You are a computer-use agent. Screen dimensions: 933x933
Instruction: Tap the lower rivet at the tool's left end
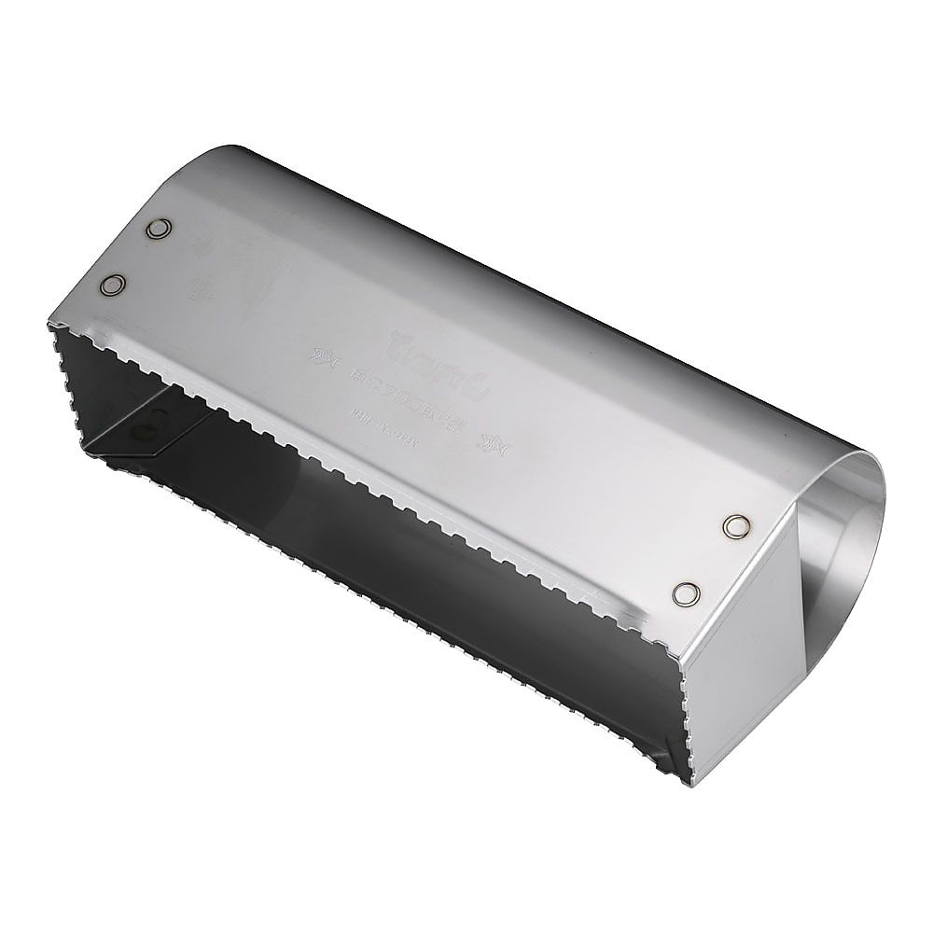[113, 285]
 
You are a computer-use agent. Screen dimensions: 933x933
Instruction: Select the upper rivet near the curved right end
[737, 526]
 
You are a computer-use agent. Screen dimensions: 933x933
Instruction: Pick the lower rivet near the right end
[687, 592]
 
